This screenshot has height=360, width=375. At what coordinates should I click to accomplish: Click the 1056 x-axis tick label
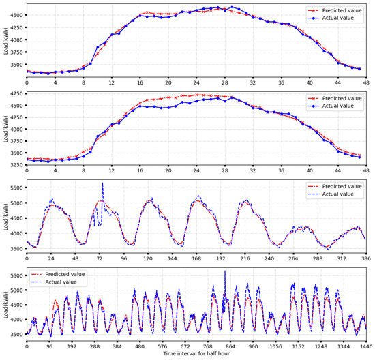point(277,346)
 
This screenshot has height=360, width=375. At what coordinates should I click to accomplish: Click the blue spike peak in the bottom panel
point(225,271)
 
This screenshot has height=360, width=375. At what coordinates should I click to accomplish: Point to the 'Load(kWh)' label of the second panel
point(5,127)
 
